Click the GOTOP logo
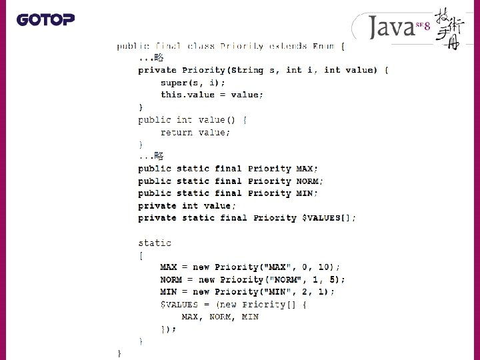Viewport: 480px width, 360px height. (x=45, y=19)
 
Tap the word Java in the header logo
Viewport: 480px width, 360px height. (x=392, y=28)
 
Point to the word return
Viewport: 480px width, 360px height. (x=176, y=132)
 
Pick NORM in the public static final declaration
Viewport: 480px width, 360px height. (x=308, y=181)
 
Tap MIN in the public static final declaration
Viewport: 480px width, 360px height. (x=305, y=193)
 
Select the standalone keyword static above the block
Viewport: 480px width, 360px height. (x=155, y=243)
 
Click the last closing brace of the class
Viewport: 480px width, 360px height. (x=119, y=353)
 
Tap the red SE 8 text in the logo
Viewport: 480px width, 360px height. (x=423, y=25)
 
